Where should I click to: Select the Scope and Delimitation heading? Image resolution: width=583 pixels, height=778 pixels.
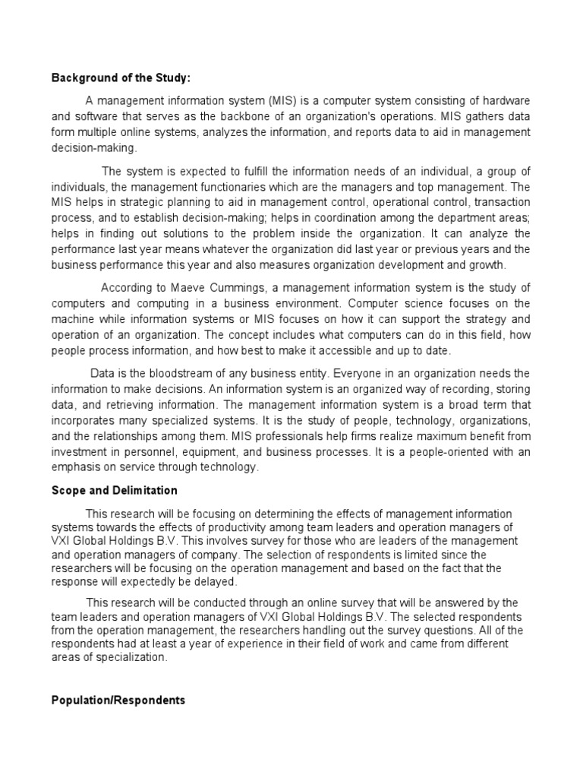(x=114, y=491)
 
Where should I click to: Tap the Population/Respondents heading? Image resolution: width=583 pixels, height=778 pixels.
(x=118, y=701)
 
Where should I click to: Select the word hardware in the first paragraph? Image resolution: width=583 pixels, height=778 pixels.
(x=505, y=101)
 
